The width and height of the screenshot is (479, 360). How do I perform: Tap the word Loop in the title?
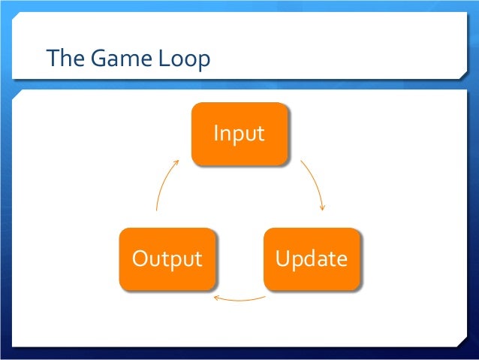click(183, 59)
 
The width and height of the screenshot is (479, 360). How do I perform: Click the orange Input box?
click(239, 134)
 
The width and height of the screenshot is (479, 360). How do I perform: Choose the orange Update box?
click(311, 259)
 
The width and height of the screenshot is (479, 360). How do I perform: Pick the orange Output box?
click(167, 259)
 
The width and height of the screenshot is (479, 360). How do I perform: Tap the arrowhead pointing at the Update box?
click(322, 207)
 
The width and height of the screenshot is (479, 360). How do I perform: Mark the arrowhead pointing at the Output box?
click(216, 298)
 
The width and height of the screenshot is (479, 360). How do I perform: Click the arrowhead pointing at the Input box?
click(176, 160)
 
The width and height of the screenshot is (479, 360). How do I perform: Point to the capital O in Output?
click(140, 259)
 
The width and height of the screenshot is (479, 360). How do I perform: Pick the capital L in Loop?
click(161, 58)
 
